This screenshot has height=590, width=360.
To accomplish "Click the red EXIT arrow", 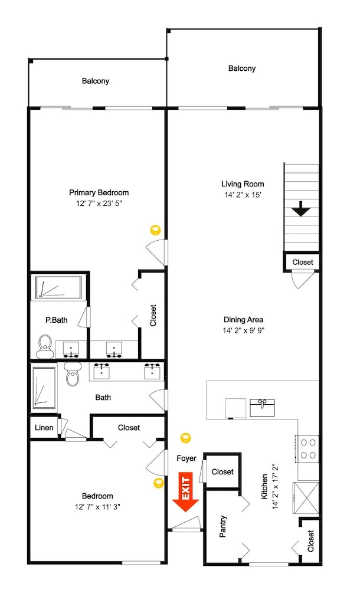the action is [186, 492].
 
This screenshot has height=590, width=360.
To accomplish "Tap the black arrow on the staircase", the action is [301, 209].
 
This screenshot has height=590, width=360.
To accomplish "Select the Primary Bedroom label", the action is [99, 193].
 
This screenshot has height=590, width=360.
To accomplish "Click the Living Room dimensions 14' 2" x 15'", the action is [243, 195].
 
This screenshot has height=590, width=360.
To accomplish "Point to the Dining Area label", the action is [243, 320].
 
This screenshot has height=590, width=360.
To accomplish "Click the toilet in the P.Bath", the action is [45, 346].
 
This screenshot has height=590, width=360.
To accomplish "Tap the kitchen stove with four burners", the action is [307, 449].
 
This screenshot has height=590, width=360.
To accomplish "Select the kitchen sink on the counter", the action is [262, 408].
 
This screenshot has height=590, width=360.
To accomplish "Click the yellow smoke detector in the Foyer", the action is [185, 438].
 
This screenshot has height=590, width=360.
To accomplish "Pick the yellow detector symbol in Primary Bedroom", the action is [155, 230].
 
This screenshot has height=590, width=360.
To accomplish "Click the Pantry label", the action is [222, 526].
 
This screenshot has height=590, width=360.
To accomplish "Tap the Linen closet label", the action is [44, 427].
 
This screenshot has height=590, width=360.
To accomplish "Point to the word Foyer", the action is [186, 458].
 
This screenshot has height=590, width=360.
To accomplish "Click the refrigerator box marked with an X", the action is [306, 497].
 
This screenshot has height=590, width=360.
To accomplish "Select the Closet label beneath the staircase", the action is [302, 263].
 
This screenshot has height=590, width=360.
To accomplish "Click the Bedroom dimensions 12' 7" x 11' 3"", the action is [97, 507].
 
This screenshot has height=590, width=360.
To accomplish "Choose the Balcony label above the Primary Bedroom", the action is [96, 81].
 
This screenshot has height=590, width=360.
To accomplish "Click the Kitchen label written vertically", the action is [265, 487].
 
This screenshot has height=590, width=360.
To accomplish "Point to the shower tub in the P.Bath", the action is [59, 288].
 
